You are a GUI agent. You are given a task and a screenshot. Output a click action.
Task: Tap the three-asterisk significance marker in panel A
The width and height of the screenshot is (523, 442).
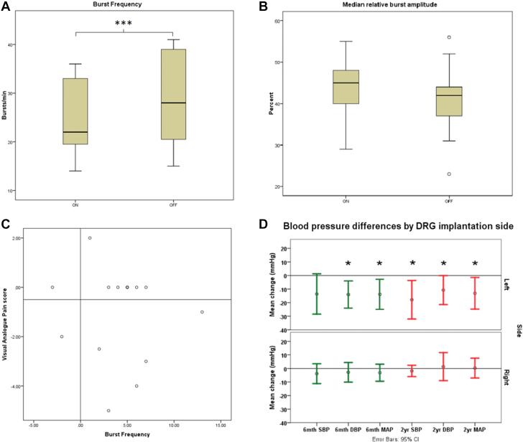pos(124,24)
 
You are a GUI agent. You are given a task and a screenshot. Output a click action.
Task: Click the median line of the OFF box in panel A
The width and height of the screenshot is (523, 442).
pos(173,103)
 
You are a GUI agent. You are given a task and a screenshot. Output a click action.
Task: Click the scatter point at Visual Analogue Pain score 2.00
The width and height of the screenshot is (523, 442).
pos(90,238)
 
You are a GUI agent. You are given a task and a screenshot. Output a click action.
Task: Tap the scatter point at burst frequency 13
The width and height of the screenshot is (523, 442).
pos(202,312)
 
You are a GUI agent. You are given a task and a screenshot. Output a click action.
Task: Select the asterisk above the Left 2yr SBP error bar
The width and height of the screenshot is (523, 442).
pos(412,264)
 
